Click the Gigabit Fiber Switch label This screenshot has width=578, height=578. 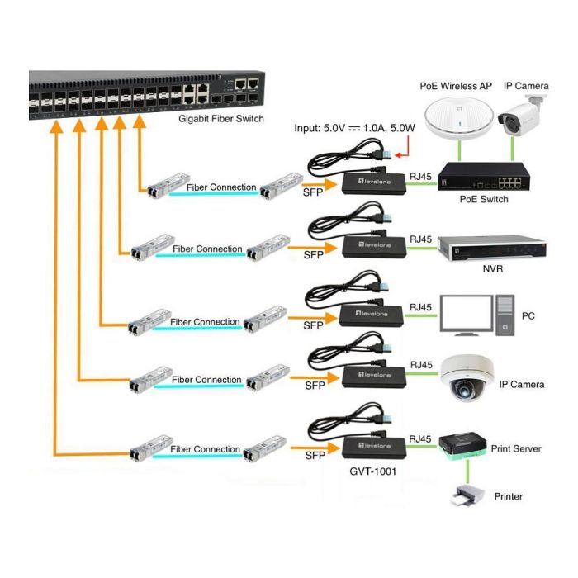point(221,119)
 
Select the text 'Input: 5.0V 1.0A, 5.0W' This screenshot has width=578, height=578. point(356,128)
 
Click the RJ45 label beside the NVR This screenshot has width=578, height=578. point(420,239)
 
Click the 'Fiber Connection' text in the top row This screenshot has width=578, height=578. point(221,187)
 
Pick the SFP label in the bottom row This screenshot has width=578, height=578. point(314,456)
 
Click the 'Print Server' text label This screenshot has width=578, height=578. point(516,448)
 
